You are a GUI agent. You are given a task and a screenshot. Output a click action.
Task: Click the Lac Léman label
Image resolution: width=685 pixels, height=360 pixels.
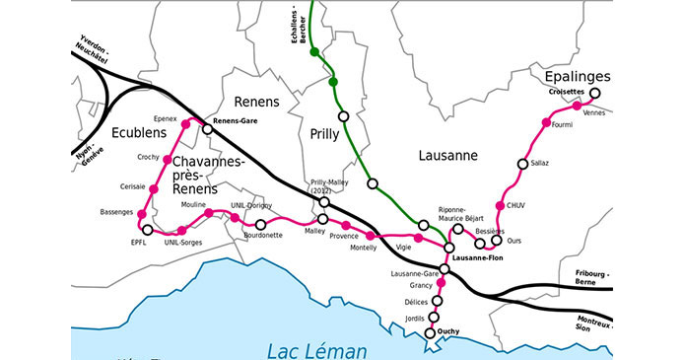pyautogui.click(x=317, y=349)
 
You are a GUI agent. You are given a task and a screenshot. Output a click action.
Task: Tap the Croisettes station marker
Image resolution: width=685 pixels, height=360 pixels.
pyautogui.click(x=595, y=95)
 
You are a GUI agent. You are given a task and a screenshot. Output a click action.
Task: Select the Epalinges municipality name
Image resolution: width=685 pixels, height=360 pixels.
pyautogui.click(x=577, y=76)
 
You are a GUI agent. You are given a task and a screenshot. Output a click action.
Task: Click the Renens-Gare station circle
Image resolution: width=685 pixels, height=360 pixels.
pyautogui.click(x=207, y=128)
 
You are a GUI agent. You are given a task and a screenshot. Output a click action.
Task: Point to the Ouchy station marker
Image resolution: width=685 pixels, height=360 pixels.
pyautogui.click(x=431, y=333)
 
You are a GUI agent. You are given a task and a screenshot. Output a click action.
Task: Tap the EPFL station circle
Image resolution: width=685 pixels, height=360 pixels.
pyautogui.click(x=147, y=229)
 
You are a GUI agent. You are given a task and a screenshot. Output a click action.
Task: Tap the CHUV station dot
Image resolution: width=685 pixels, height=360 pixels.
pyautogui.click(x=500, y=206)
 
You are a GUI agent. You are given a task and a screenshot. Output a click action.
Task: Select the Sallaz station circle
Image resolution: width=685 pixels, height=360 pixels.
pyautogui.click(x=522, y=163)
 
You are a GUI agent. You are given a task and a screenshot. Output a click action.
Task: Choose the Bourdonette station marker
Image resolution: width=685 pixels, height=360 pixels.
pyautogui.click(x=260, y=225)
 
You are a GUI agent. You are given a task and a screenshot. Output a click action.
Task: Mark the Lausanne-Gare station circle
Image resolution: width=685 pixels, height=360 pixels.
pyautogui.click(x=445, y=268)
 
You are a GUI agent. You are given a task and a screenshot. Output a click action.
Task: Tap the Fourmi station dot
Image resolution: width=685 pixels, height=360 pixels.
pyautogui.click(x=549, y=122)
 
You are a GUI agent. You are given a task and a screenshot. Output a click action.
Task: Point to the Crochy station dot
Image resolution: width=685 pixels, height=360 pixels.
pyautogui.click(x=167, y=160)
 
